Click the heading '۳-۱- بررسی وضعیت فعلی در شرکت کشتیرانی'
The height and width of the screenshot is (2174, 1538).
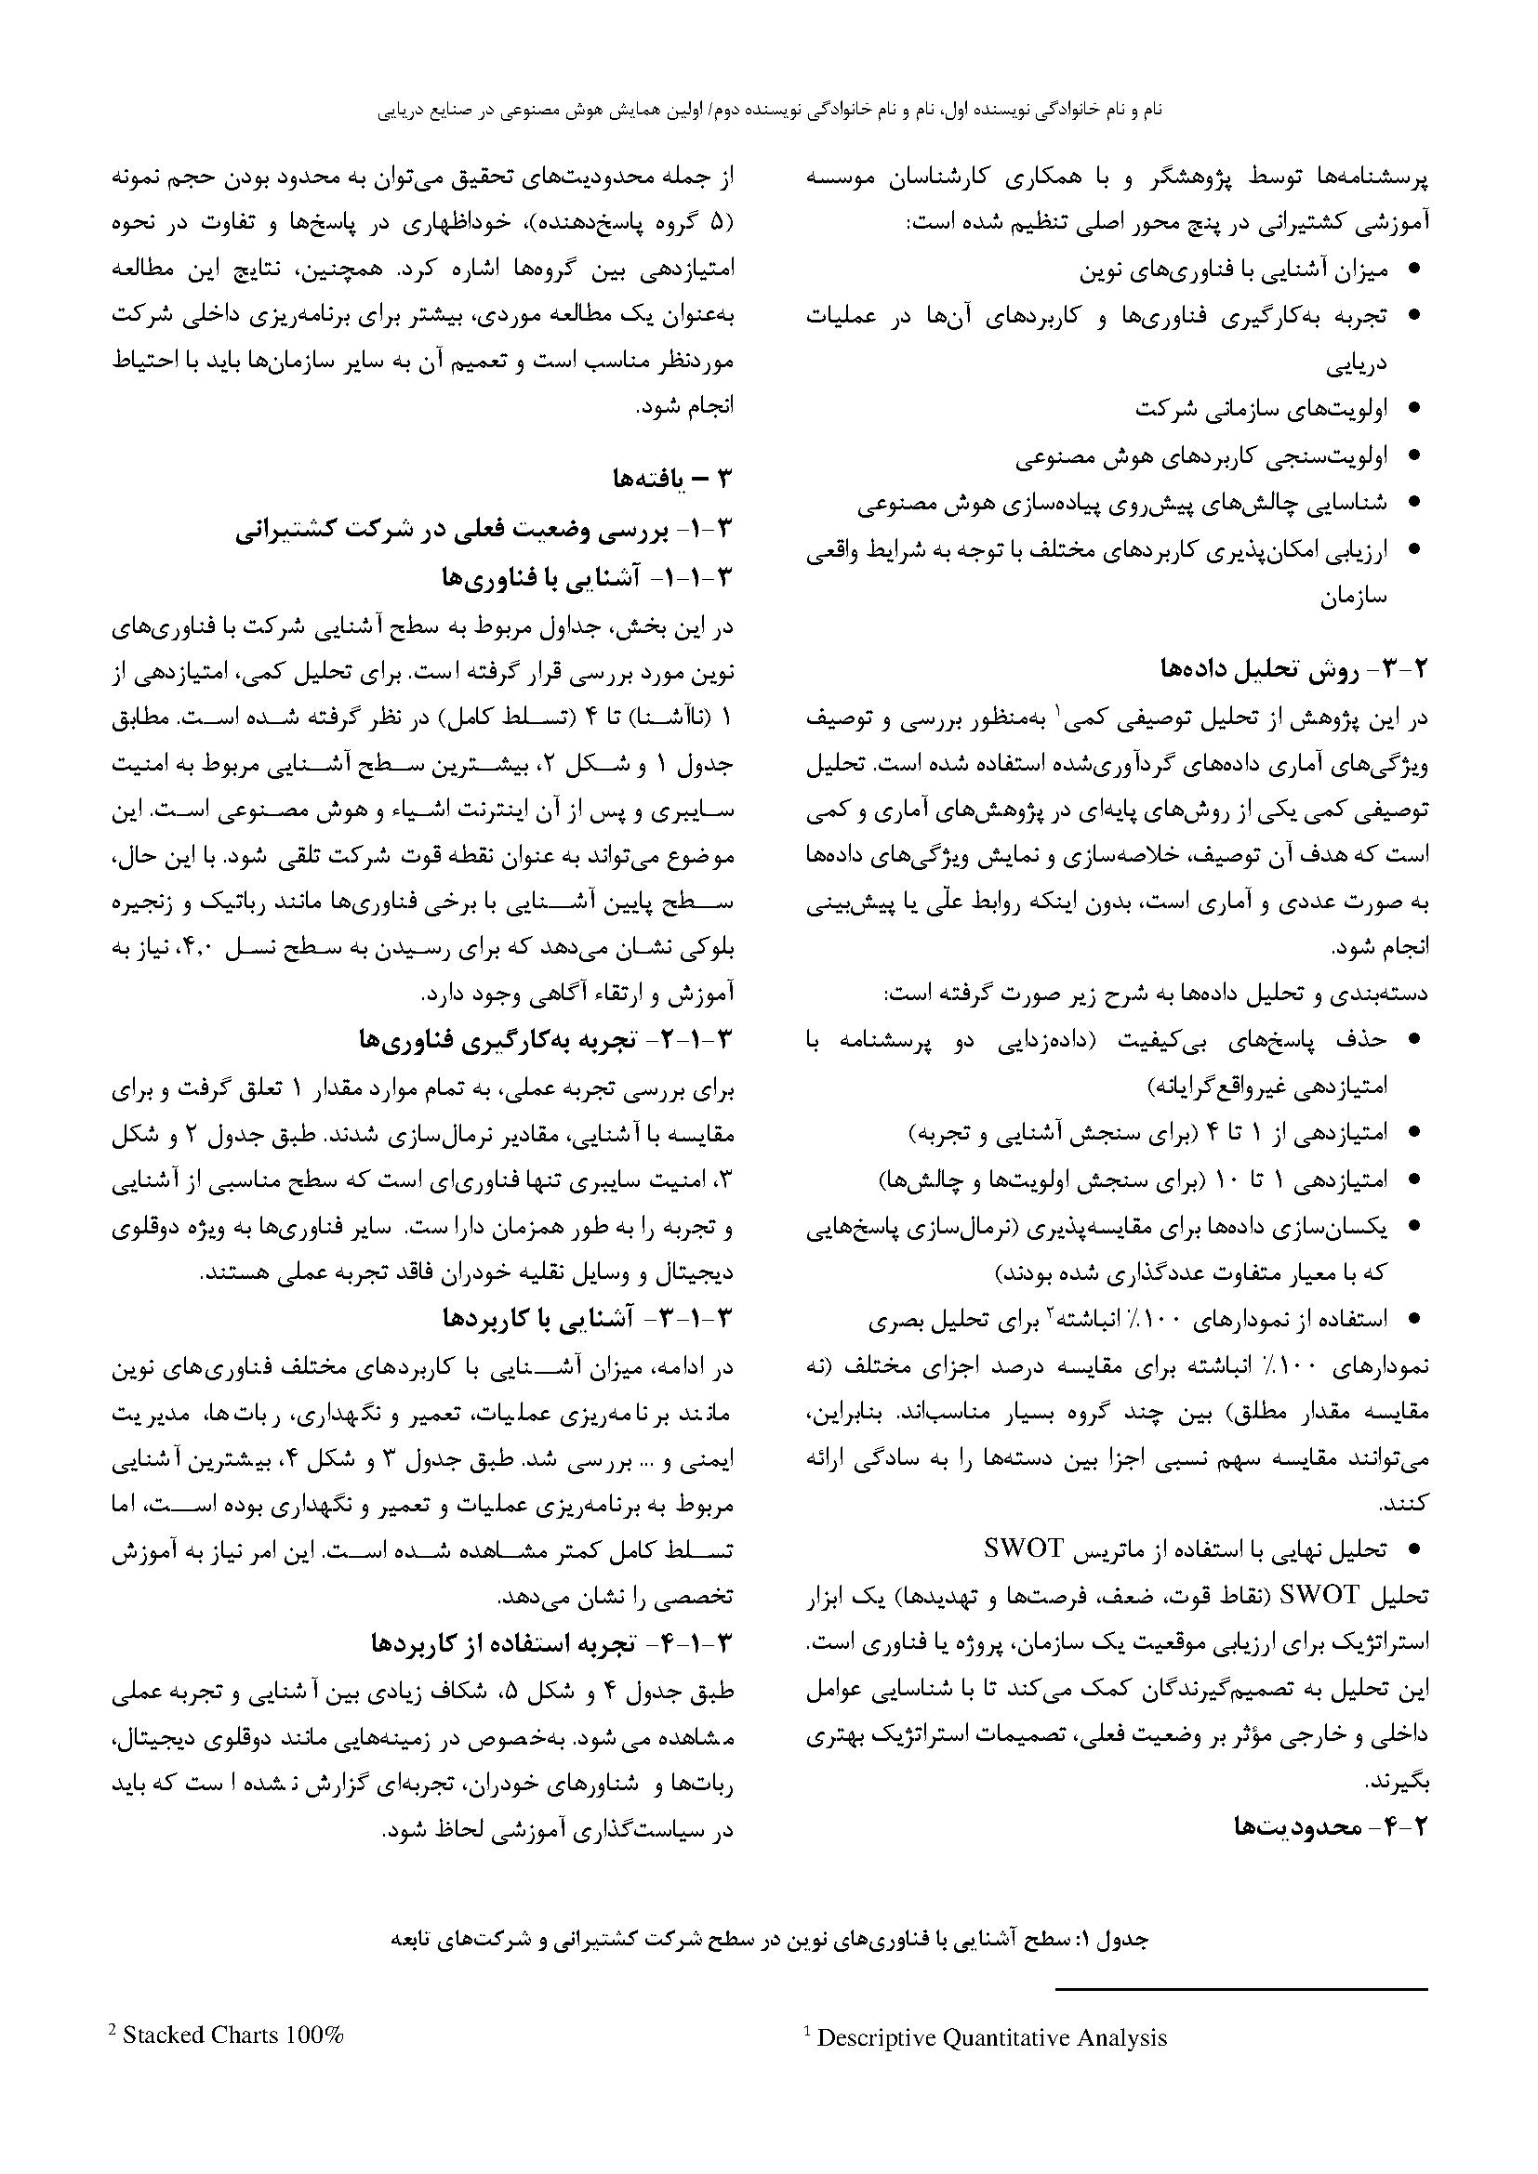(x=485, y=528)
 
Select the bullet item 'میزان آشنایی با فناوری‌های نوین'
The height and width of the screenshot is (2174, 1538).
(x=1234, y=270)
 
